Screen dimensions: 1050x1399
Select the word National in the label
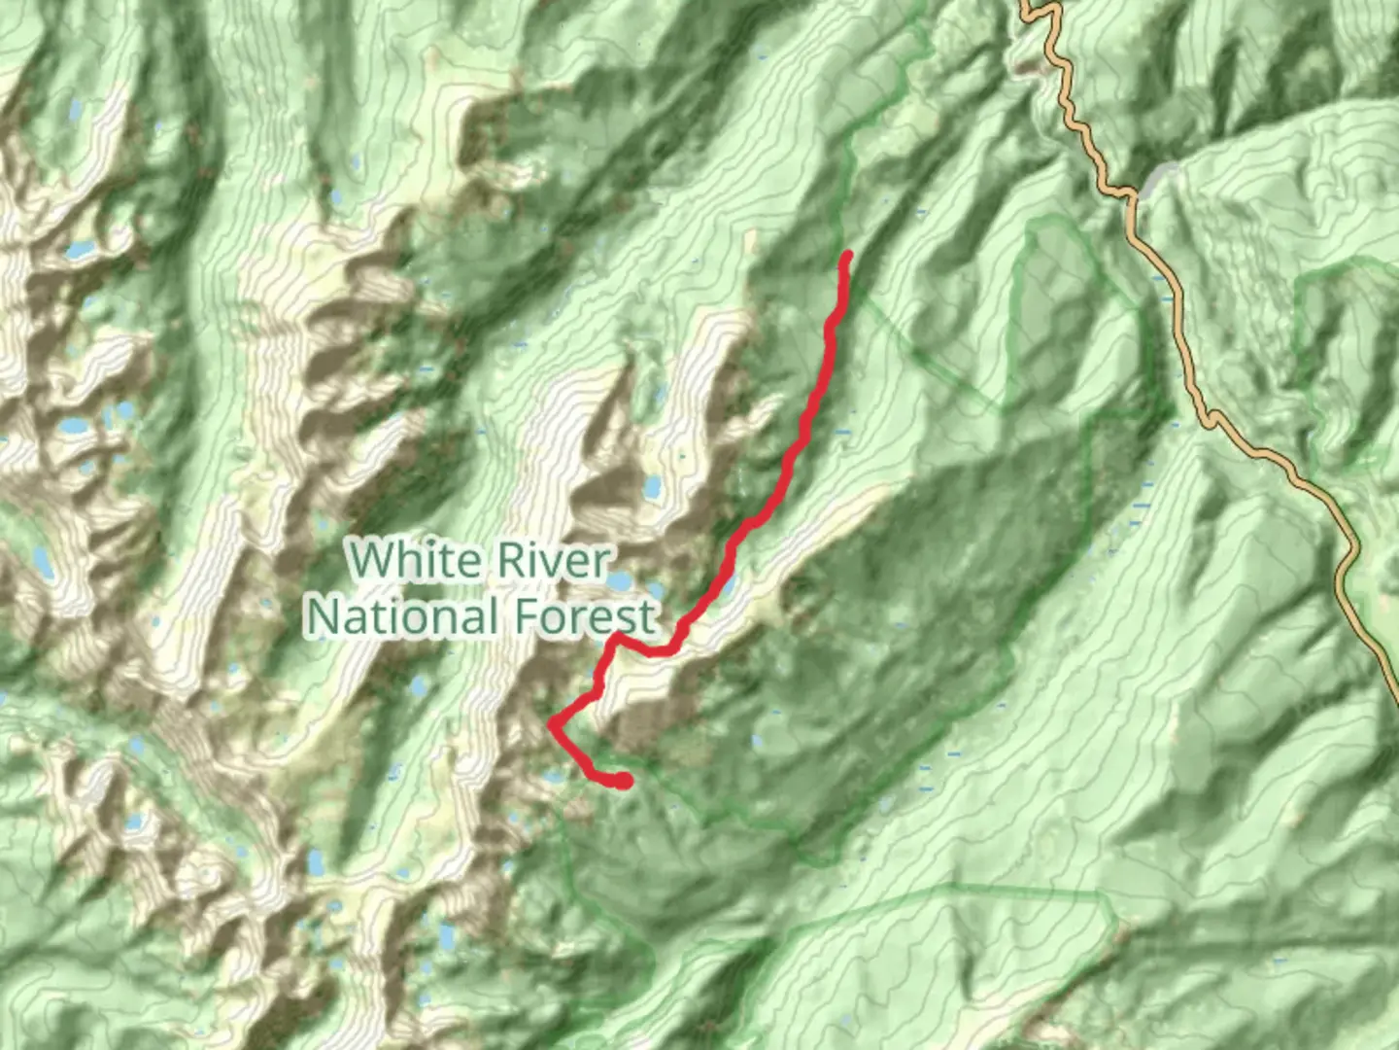tap(402, 616)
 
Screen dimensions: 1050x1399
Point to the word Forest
tap(586, 616)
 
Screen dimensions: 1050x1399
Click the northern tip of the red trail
tap(846, 256)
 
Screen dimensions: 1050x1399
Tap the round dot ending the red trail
tap(624, 780)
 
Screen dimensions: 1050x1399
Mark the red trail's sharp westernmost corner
tap(552, 723)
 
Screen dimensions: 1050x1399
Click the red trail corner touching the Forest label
tap(616, 637)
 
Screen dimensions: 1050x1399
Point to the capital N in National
tap(325, 616)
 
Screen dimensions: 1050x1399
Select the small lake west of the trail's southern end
tap(555, 777)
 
